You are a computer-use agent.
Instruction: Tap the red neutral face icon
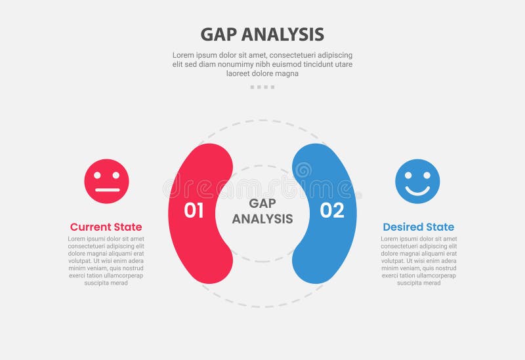(x=106, y=182)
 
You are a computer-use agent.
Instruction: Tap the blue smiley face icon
(x=417, y=182)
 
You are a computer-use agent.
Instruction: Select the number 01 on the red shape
(x=194, y=210)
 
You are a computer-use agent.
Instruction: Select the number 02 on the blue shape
(x=332, y=210)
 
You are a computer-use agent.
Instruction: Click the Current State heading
(x=106, y=227)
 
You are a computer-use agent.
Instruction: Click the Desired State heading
(x=418, y=227)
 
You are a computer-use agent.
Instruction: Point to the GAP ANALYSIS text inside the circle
(x=262, y=211)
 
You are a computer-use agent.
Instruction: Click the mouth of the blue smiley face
(x=417, y=191)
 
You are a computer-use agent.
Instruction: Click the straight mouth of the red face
(x=106, y=190)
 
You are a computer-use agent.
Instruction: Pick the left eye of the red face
(x=98, y=176)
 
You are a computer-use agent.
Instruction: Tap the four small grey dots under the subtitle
(x=262, y=87)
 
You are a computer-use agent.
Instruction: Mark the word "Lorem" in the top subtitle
(x=184, y=55)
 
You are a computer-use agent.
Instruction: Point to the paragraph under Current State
(x=106, y=260)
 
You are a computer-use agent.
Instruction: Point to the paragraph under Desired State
(x=418, y=260)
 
